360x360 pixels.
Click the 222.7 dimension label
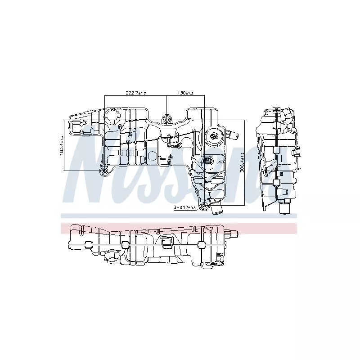coord(136,93)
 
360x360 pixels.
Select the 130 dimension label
coord(184,93)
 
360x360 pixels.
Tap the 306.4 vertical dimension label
coord(242,162)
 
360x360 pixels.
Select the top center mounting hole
coord(167,120)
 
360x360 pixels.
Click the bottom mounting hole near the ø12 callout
coord(205,206)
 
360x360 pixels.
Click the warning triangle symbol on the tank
coord(170,157)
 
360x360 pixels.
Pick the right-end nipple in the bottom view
coord(233,234)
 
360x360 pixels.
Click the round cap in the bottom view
coord(109,256)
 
